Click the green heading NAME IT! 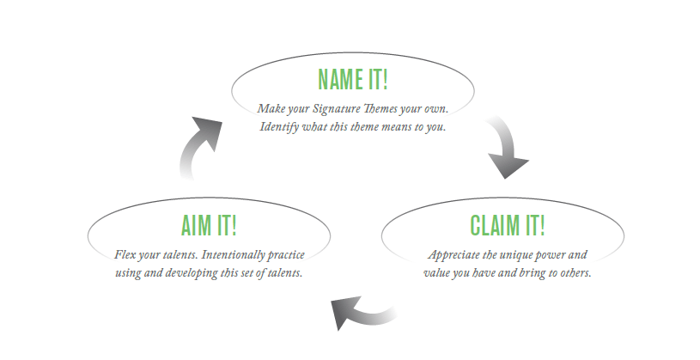(x=353, y=79)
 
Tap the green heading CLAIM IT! (x=508, y=225)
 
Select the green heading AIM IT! (x=209, y=225)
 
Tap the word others (x=576, y=273)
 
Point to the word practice (x=286, y=255)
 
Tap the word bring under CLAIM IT (x=534, y=273)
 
